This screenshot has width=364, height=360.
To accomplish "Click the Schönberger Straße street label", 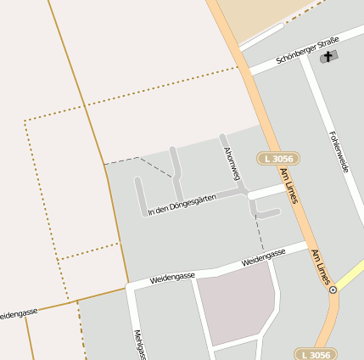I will click(307, 52).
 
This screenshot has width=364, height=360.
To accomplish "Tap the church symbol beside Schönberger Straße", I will click(328, 57).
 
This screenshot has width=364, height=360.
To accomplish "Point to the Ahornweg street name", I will click(228, 162).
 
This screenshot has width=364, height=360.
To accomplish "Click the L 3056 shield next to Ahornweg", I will click(278, 159).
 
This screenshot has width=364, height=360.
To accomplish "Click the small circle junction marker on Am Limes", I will click(333, 290).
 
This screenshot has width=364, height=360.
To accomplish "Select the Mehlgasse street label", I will click(137, 344).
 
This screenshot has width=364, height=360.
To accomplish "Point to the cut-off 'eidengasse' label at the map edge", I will click(18, 313).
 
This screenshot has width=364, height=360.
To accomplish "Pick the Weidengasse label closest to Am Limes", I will click(263, 257).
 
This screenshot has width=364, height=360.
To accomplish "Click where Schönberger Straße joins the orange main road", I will click(247, 67).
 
